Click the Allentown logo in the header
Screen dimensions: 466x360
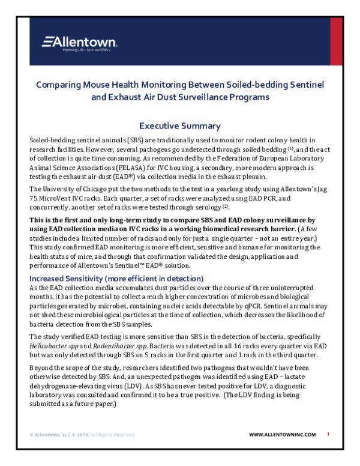(x=79, y=42)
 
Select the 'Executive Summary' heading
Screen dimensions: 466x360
(x=179, y=126)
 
